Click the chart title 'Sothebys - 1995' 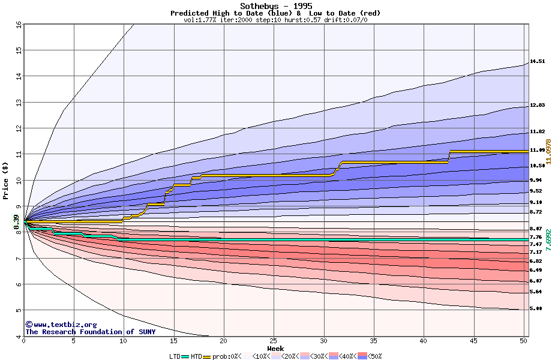(x=275, y=6)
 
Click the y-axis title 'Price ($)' (x=6, y=180)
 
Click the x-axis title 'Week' (x=275, y=348)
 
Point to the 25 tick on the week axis (x=274, y=341)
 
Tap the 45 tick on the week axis (x=473, y=341)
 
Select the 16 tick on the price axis (x=18, y=25)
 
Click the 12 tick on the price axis (x=18, y=128)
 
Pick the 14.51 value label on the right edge (x=537, y=61)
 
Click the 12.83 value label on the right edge (x=537, y=105)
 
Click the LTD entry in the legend (x=175, y=356)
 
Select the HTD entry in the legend (x=196, y=356)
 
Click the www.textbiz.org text (x=65, y=325)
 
